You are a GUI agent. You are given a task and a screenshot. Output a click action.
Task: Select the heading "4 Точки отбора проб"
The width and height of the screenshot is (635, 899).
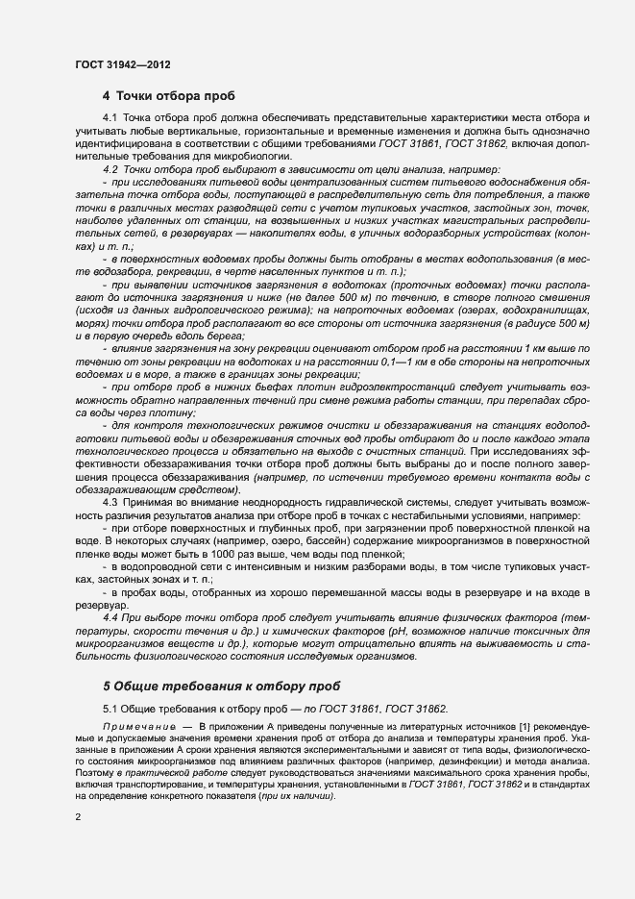168,96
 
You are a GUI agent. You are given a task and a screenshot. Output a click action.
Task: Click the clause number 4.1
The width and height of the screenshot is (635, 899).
110,117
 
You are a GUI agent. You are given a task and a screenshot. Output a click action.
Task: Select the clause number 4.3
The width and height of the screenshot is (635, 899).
110,503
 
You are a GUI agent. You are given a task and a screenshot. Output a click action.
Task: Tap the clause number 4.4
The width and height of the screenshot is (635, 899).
110,614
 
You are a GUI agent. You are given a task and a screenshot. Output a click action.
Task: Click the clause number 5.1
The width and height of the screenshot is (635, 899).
110,710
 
